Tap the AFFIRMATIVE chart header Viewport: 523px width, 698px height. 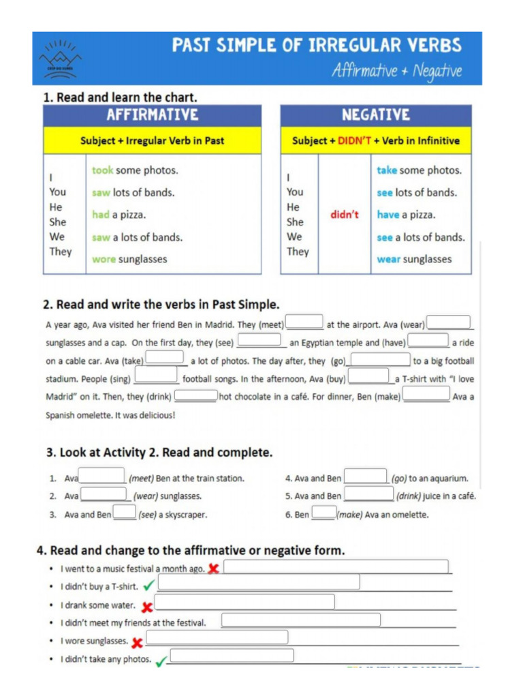152,115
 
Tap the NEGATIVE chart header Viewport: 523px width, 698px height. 375,115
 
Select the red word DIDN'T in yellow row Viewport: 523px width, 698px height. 354,141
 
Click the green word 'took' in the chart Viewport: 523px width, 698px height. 102,170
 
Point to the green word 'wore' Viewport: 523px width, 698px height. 104,259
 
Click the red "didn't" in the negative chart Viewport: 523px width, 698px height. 345,215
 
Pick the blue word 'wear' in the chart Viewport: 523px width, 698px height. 388,259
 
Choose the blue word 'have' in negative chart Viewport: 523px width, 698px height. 388,215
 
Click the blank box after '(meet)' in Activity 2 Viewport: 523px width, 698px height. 304,322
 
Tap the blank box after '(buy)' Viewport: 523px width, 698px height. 368,376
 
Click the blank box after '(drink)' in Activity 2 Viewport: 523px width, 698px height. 196,395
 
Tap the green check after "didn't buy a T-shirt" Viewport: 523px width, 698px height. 149,585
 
